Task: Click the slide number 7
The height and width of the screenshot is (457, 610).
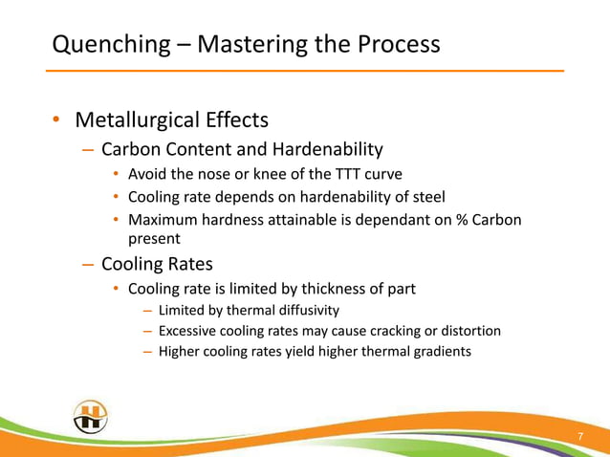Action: click(x=579, y=437)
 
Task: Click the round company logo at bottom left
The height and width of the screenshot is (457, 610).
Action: click(x=90, y=417)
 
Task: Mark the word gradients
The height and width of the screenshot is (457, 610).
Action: click(x=439, y=352)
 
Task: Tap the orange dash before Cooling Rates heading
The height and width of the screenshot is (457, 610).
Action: click(x=88, y=265)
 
